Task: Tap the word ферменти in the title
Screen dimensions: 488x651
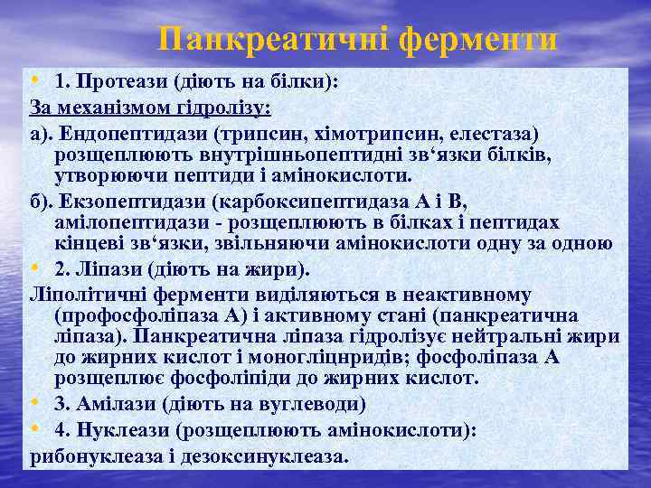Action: tap(478, 39)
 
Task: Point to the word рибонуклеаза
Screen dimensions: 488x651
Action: tap(95, 456)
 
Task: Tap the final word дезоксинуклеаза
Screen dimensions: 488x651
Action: tap(263, 456)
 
